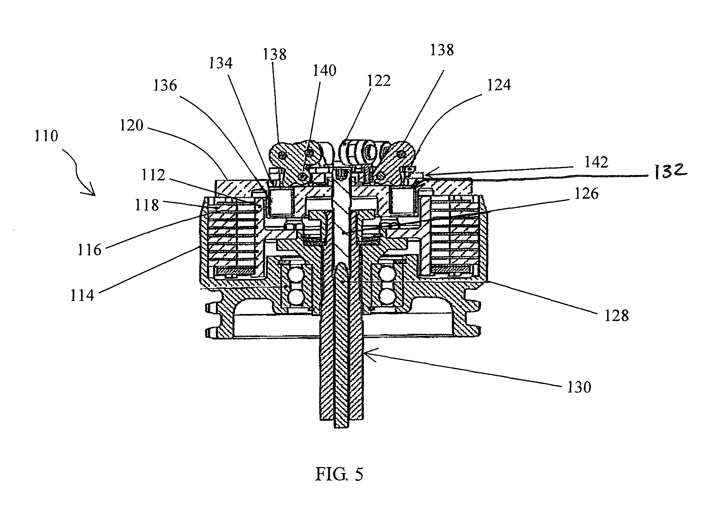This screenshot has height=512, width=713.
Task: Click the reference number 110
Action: [46, 136]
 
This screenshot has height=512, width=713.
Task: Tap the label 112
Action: [153, 175]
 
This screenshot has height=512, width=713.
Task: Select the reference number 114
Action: [82, 296]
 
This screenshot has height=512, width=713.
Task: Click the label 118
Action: [147, 205]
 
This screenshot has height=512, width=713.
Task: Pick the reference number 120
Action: [131, 125]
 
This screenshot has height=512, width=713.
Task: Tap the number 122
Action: [378, 81]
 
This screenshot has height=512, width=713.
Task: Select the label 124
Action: [499, 85]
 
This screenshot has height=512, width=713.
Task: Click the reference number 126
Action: [586, 193]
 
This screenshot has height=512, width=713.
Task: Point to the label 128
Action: [616, 315]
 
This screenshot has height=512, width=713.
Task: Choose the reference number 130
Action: [579, 387]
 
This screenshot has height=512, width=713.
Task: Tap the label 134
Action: [221, 64]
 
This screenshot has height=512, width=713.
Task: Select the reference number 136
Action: [165, 86]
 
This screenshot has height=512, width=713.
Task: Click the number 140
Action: [324, 71]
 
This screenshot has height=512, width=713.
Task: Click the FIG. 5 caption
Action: [339, 475]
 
